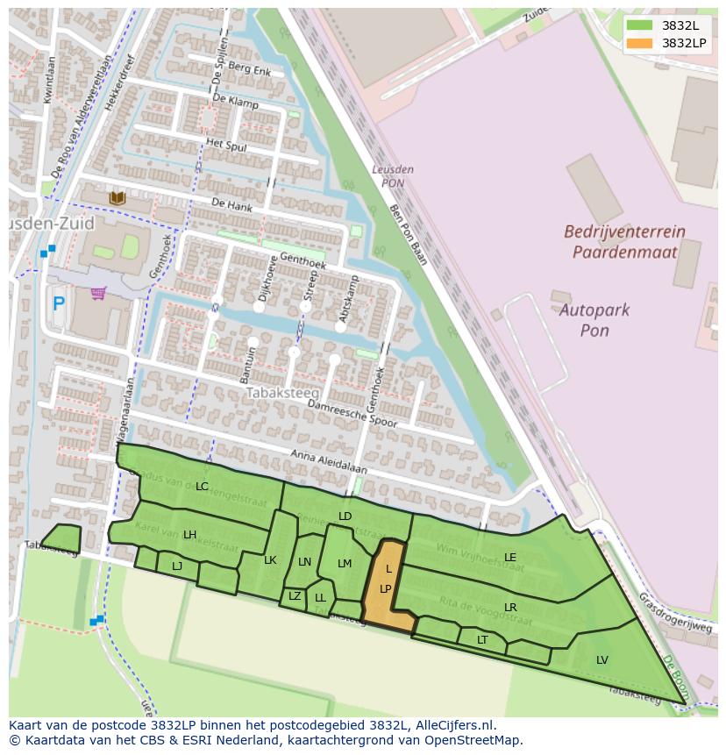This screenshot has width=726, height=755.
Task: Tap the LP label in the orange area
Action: (x=385, y=589)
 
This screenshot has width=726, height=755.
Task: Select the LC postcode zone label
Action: (x=202, y=487)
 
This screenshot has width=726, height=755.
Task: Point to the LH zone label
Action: (x=189, y=535)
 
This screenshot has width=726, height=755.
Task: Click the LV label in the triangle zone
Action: (x=602, y=660)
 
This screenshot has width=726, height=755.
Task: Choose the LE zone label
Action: (x=510, y=557)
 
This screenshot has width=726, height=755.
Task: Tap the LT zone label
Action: (x=482, y=640)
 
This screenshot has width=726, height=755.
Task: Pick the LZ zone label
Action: (x=295, y=596)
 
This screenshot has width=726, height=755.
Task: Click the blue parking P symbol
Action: (x=59, y=304)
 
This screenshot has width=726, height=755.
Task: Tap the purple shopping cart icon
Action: (x=98, y=293)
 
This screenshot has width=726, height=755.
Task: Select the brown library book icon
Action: (x=117, y=199)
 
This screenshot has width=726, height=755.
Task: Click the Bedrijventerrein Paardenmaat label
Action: (x=624, y=242)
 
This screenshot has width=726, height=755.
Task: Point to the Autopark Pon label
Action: (x=595, y=320)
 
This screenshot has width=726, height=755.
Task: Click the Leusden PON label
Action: (x=392, y=176)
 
